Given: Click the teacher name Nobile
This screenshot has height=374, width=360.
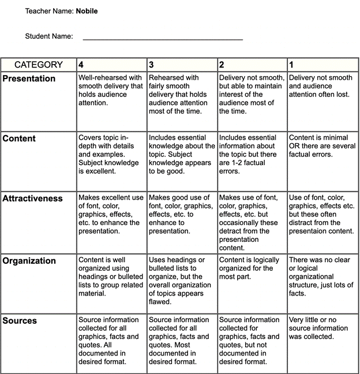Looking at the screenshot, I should click(x=87, y=11).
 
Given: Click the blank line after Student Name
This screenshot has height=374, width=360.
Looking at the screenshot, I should click(x=163, y=38).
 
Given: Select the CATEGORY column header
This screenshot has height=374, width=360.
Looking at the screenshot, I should click(x=39, y=65).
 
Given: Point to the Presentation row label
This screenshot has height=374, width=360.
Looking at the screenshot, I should click(x=29, y=78).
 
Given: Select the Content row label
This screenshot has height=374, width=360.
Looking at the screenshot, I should click(x=19, y=139).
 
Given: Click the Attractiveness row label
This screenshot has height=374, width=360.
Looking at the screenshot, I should click(x=32, y=199).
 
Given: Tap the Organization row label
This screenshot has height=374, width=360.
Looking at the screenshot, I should click(x=29, y=261).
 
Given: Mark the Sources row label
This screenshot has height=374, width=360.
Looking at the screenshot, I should click(x=20, y=321).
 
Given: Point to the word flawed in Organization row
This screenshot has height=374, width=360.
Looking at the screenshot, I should click(x=160, y=301).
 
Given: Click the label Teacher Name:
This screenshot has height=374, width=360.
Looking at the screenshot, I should click(x=49, y=11).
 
